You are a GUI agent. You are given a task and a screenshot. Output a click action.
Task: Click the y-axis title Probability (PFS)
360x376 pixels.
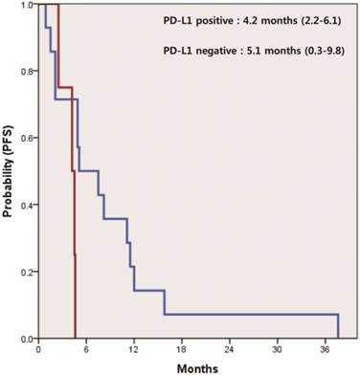tap(9, 173)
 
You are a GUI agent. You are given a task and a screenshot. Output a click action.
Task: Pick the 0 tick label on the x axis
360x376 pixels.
tap(37, 349)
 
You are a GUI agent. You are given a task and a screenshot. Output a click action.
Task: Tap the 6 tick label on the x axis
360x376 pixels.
tap(85, 349)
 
